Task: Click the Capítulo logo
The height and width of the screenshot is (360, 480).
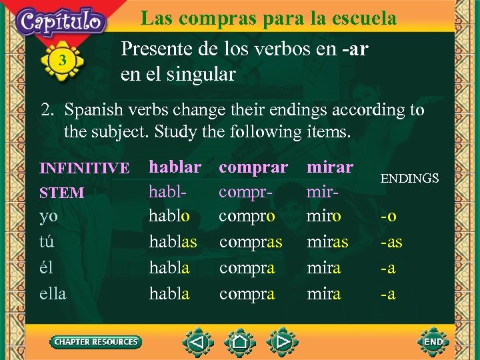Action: point(62,21)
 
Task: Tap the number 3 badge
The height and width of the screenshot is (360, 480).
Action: point(62,61)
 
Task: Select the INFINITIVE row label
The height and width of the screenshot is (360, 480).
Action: point(85,169)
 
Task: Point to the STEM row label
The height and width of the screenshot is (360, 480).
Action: point(62,193)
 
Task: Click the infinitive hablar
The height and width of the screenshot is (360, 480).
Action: point(175,167)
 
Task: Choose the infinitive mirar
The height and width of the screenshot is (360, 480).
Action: point(329,167)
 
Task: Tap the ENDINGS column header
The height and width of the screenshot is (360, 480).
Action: point(409,178)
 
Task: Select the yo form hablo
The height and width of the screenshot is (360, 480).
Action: point(169,216)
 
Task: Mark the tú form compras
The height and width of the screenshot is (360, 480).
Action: point(251,242)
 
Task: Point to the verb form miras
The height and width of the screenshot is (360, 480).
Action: point(327,242)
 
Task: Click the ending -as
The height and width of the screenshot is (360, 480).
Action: point(391,242)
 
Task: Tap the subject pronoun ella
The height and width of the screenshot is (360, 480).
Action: point(53,293)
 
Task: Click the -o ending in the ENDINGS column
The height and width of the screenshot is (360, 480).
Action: point(388,217)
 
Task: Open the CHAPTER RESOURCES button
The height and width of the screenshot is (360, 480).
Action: point(96,342)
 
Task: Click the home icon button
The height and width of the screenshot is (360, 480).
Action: point(240,342)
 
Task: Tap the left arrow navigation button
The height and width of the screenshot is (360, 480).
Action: point(198,342)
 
